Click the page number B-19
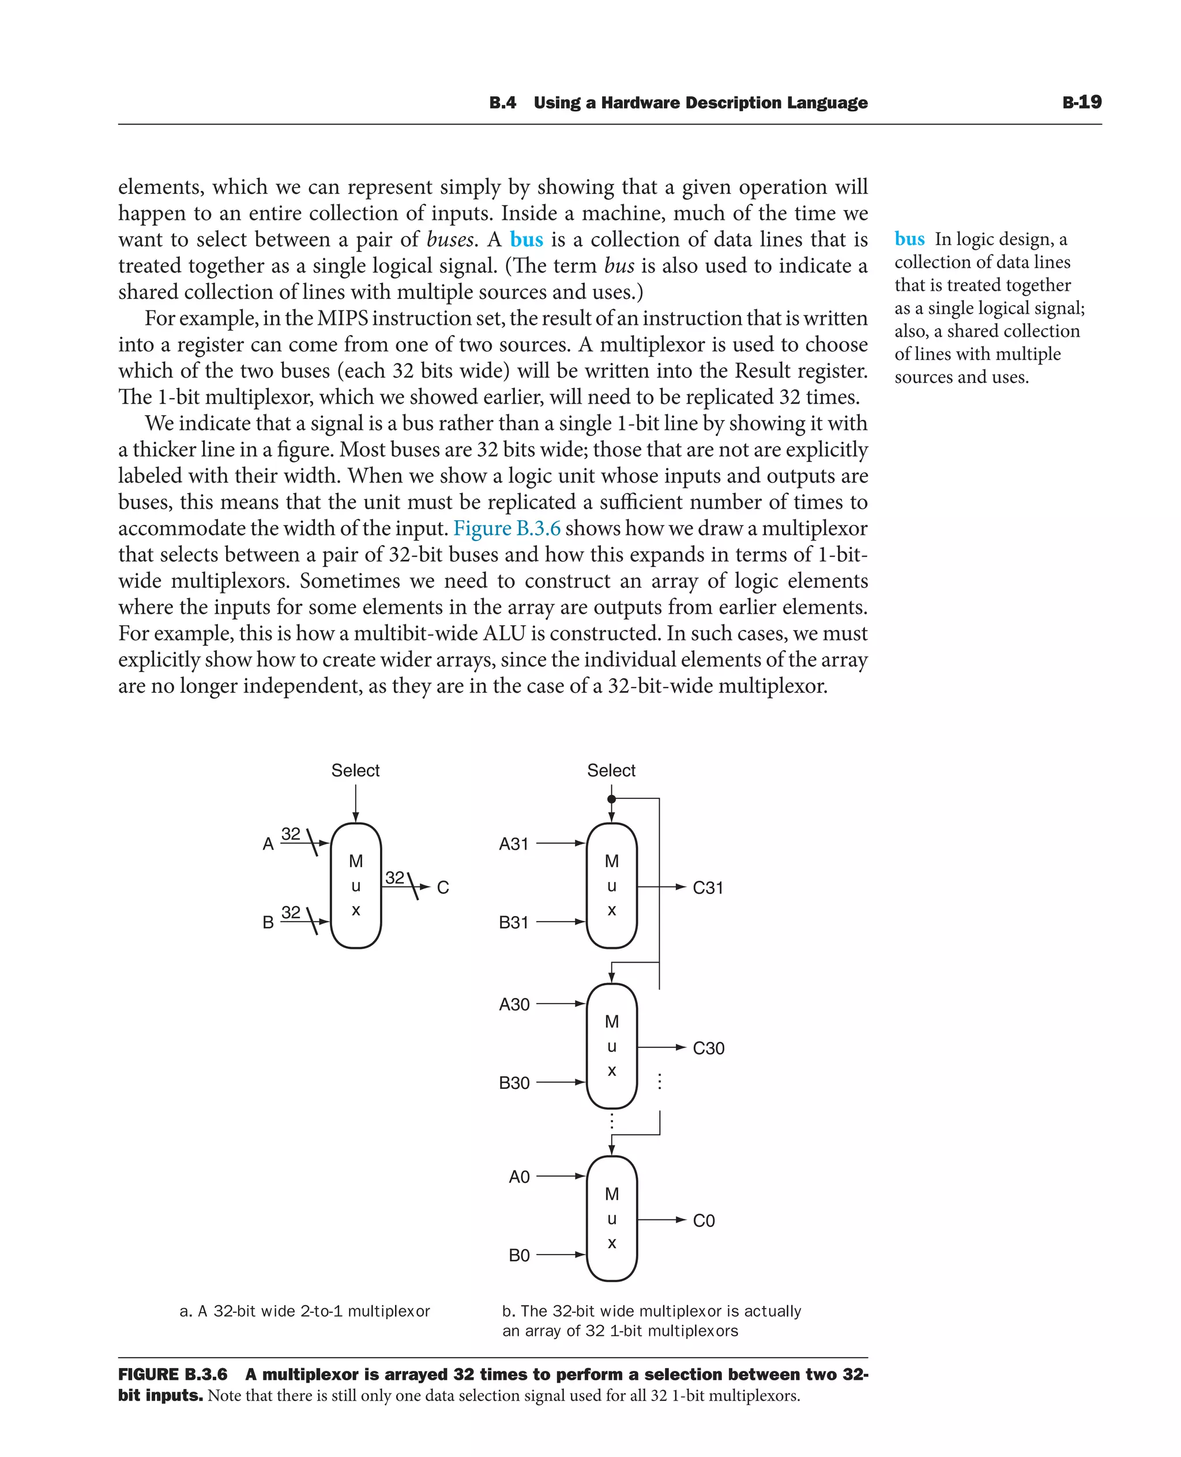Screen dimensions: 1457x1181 1081,102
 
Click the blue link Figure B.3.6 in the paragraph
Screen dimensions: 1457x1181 507,528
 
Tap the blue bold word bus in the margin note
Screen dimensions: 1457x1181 909,239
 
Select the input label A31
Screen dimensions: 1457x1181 514,844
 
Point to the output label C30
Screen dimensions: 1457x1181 708,1048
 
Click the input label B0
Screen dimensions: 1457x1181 519,1255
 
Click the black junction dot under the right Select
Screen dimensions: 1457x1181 612,799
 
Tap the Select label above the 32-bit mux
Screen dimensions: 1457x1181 355,771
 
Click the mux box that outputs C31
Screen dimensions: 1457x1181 612,885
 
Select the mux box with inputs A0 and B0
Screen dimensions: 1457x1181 612,1218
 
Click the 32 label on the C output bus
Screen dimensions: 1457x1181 394,877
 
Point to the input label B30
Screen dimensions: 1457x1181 514,1083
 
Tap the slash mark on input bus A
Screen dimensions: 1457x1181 311,843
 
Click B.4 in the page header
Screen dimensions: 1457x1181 502,103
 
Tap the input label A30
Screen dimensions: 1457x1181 514,1004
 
